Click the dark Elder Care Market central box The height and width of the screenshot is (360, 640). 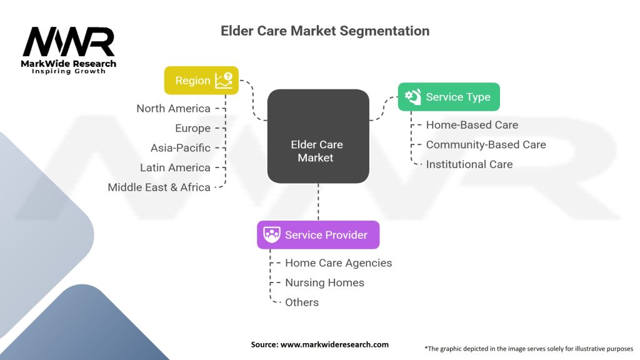point(318,136)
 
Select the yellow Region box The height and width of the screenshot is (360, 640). point(201,81)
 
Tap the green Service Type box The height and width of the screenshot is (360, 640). point(449,97)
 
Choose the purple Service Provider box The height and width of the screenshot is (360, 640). point(318,235)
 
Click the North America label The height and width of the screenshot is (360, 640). point(174,109)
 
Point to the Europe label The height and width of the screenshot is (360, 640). point(192,128)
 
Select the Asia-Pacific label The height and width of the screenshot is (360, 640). point(181,147)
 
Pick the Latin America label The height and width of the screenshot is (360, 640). point(175,167)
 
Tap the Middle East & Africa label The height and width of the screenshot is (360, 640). point(159,187)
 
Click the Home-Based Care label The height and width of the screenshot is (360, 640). point(472,125)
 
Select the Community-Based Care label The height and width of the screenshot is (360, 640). point(486,144)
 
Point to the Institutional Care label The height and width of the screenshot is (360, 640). point(469,164)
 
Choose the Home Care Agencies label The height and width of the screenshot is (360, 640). point(338,263)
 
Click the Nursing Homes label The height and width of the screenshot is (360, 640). point(324,282)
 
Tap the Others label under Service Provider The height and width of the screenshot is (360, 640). point(302,302)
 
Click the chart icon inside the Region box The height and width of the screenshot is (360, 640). point(224,81)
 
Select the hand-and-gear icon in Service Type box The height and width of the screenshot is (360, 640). point(412,97)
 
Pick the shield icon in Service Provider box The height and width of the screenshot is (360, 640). point(271,235)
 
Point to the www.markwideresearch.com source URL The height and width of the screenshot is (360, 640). point(334,344)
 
